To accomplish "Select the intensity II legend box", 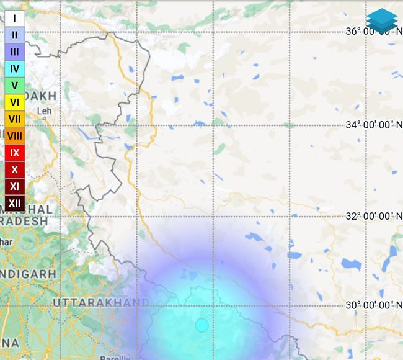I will tap(15, 35).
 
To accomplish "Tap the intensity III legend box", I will tap(15, 52).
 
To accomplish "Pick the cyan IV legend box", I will tap(15, 69).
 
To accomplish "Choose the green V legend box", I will tap(15, 86).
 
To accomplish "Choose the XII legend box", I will tap(15, 202).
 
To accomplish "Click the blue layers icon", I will tap(381, 20).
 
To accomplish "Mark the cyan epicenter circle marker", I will tap(201, 325).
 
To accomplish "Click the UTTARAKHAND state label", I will tap(100, 302).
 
